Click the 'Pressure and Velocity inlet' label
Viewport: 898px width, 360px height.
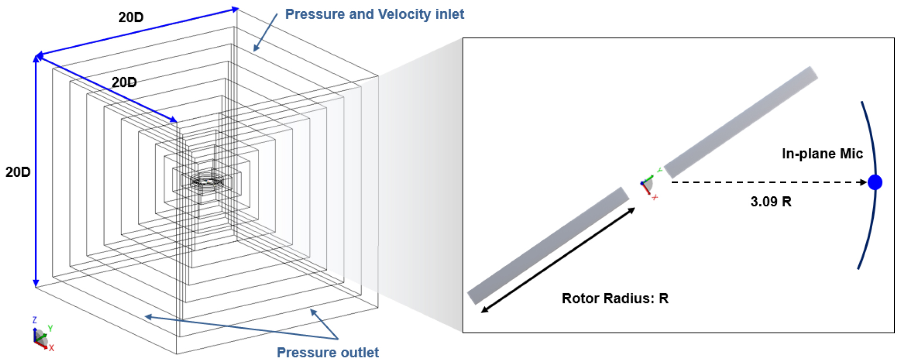374,14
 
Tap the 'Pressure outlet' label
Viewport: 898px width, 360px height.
328,352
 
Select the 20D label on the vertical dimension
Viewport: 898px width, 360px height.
18,172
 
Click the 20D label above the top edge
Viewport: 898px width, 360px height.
131,17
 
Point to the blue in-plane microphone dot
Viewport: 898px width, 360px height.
875,182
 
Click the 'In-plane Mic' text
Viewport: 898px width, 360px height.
822,153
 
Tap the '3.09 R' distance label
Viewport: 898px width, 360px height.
771,202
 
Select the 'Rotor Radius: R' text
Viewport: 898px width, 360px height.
615,298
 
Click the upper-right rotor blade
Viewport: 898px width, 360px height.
741,122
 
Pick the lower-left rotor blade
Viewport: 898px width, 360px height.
548,246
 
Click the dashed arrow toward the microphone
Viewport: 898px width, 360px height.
769,182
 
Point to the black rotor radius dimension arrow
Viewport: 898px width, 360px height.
558,260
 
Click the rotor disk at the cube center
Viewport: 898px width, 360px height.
207,181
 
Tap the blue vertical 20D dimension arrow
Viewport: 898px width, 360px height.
36,171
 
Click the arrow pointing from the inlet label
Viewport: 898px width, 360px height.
266,32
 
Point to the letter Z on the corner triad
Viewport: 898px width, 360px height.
34,320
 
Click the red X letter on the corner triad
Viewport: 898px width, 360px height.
51,348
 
